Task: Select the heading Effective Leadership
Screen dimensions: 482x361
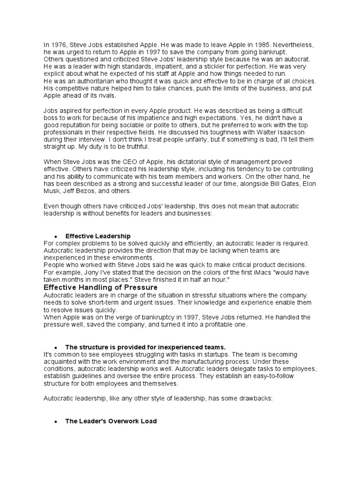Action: pos(98,236)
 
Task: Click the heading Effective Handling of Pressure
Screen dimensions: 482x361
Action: pos(101,287)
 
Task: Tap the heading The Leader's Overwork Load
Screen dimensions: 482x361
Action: pos(111,421)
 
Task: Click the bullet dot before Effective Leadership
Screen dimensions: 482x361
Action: pos(55,236)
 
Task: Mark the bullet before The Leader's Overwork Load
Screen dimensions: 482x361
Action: pos(55,422)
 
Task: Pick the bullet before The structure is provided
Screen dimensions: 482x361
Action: pos(55,348)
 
